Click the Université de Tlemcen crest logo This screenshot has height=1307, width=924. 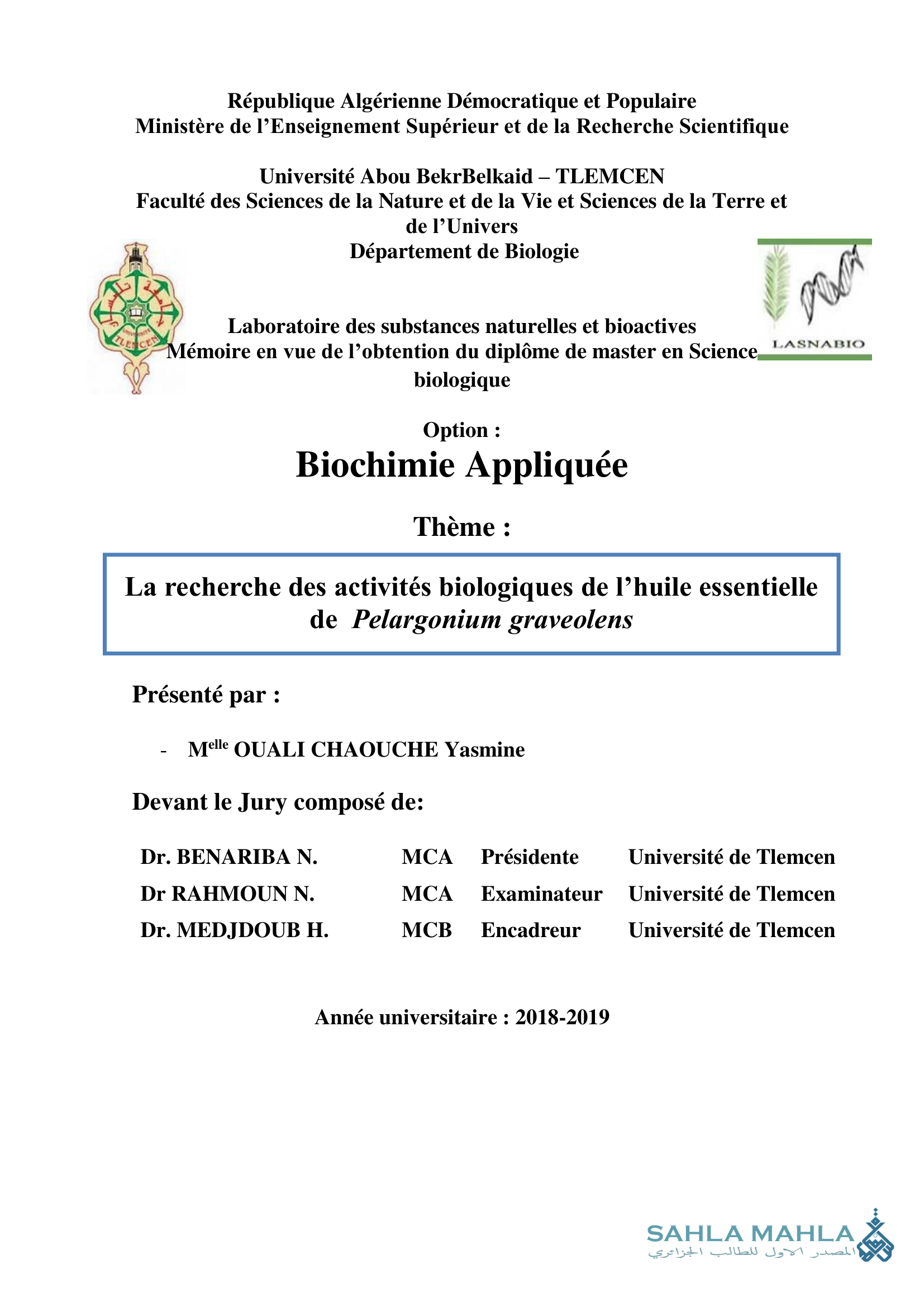tap(136, 316)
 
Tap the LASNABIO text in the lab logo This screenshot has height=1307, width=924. tap(818, 344)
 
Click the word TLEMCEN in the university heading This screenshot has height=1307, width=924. tap(609, 177)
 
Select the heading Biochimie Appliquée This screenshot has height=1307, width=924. tap(461, 465)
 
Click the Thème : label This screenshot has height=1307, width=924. tap(461, 527)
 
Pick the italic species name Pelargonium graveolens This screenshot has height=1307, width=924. tap(492, 620)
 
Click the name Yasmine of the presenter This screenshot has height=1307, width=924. tap(484, 750)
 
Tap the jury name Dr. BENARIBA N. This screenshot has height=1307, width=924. tap(228, 857)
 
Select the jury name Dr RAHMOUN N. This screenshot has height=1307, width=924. tap(227, 893)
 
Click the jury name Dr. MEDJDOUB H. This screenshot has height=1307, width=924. tap(235, 930)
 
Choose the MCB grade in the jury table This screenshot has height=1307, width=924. tap(426, 930)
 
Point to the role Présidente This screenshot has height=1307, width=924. tap(529, 857)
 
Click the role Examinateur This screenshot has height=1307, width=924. tap(541, 893)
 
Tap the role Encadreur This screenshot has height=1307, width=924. tap(530, 930)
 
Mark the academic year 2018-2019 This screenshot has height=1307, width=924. tap(562, 1017)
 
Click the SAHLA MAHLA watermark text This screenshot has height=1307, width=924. tap(750, 1234)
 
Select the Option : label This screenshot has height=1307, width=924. tap(461, 430)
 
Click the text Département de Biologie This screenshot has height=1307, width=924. tap(464, 251)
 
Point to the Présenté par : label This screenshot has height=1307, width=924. tap(206, 695)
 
